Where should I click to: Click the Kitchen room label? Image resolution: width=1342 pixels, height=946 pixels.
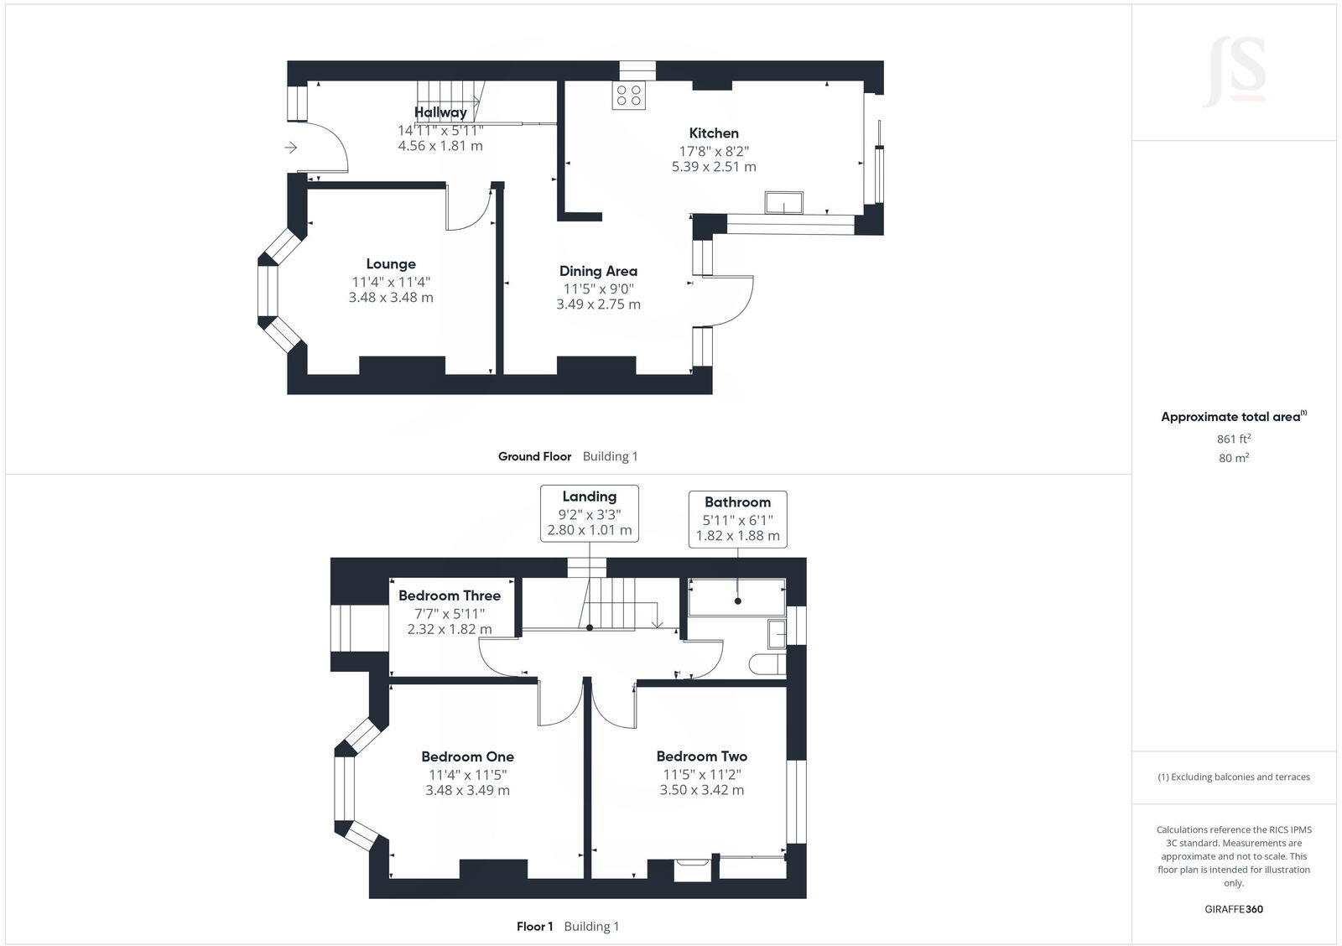pyautogui.click(x=714, y=133)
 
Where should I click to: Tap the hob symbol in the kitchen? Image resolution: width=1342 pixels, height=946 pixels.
pyautogui.click(x=630, y=96)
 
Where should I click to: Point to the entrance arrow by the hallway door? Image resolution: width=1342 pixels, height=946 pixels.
pyautogui.click(x=291, y=148)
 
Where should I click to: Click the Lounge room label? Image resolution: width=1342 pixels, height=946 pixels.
pyautogui.click(x=390, y=264)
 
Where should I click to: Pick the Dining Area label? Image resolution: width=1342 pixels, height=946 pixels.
pyautogui.click(x=598, y=271)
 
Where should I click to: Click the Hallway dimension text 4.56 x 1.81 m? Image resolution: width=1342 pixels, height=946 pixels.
pyautogui.click(x=440, y=146)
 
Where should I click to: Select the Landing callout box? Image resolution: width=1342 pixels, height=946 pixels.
pyautogui.click(x=589, y=513)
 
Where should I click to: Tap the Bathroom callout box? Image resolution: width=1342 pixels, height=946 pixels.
pyautogui.click(x=737, y=519)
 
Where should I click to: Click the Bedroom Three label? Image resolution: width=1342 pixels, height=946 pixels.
pyautogui.click(x=450, y=595)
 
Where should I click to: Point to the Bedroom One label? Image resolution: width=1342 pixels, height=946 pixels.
pyautogui.click(x=467, y=756)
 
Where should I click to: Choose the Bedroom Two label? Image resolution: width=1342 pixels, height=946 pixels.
pyautogui.click(x=701, y=756)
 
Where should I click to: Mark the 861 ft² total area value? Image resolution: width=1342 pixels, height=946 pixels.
pyautogui.click(x=1234, y=439)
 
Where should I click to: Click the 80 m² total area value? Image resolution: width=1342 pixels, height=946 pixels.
pyautogui.click(x=1234, y=458)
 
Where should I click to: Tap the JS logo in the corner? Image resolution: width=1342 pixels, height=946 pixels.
pyautogui.click(x=1234, y=71)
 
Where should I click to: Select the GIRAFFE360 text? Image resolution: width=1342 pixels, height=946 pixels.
pyautogui.click(x=1234, y=909)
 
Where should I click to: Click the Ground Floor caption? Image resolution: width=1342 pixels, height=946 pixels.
pyautogui.click(x=534, y=456)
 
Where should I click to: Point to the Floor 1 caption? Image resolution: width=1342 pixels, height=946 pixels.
pyautogui.click(x=534, y=927)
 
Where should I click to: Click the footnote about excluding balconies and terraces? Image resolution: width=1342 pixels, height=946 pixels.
pyautogui.click(x=1234, y=777)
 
